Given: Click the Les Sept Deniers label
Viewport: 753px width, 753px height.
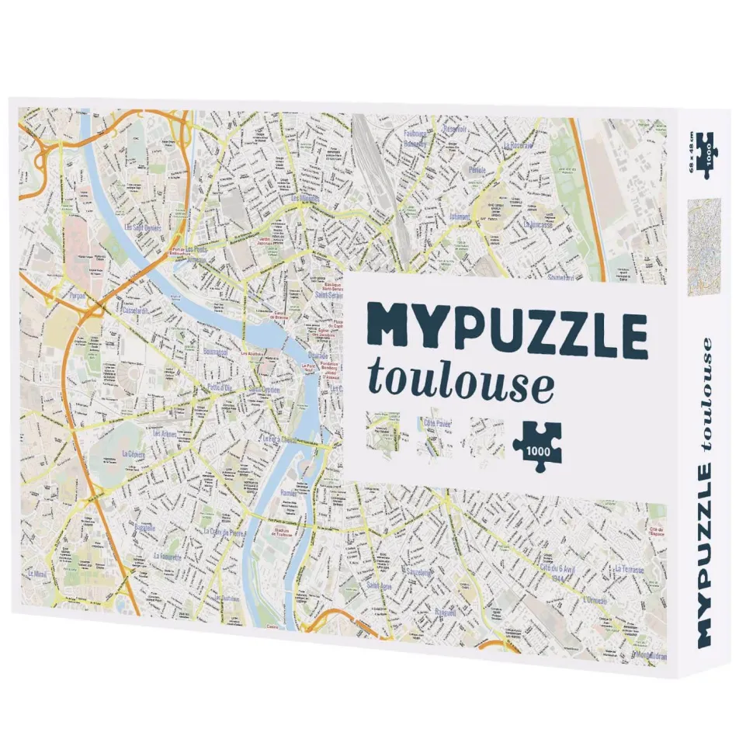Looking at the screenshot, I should pos(144,228).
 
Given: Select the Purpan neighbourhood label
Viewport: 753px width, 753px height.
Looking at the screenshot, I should pos(77,296).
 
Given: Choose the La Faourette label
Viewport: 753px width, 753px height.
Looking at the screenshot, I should pos(167,557).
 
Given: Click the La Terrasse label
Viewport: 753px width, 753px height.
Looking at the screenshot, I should pos(629,569).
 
